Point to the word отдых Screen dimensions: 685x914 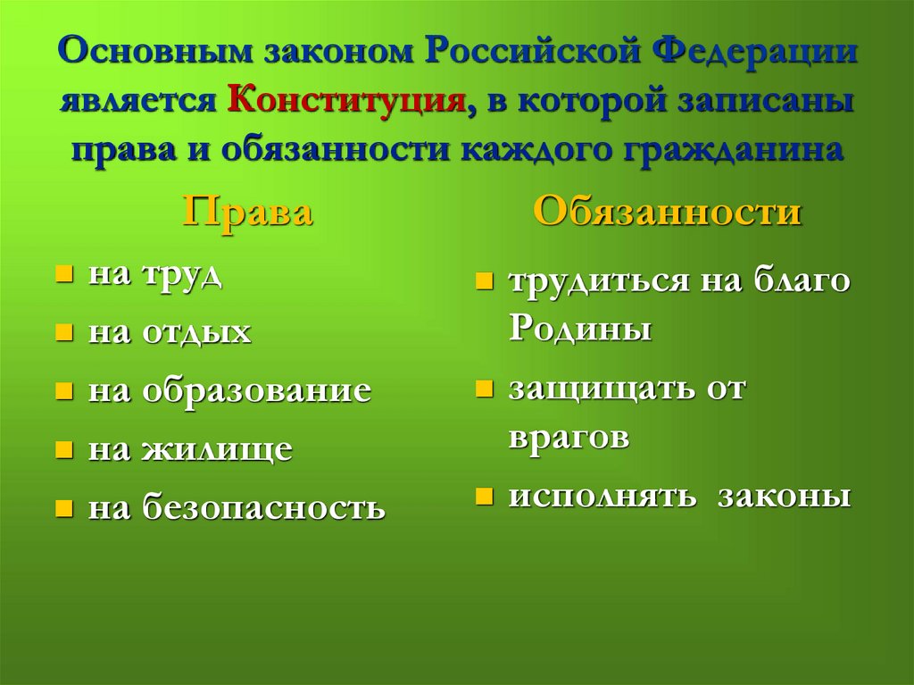click(x=195, y=333)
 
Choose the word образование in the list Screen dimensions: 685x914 click(x=255, y=391)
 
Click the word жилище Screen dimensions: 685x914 click(x=216, y=449)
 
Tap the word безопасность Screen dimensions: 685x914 click(x=263, y=508)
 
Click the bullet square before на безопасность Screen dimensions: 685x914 click(x=63, y=508)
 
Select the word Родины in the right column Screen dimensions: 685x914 click(x=580, y=330)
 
